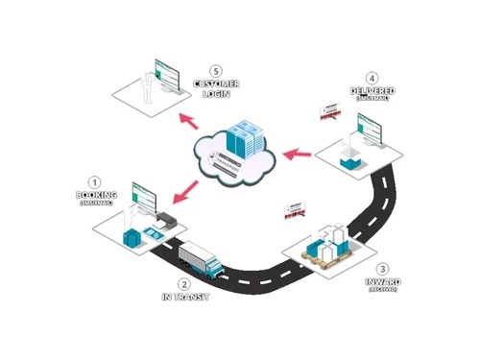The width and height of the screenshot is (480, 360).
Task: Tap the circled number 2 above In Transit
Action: [184, 284]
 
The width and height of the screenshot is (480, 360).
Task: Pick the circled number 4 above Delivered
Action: [372, 79]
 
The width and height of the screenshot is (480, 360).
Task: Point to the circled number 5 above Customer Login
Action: [216, 69]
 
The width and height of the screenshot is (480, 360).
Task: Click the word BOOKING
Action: [95, 196]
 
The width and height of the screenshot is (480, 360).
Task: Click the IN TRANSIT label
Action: [184, 298]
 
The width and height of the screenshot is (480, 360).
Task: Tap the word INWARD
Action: [384, 282]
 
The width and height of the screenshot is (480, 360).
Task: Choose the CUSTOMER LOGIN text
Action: [216, 88]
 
